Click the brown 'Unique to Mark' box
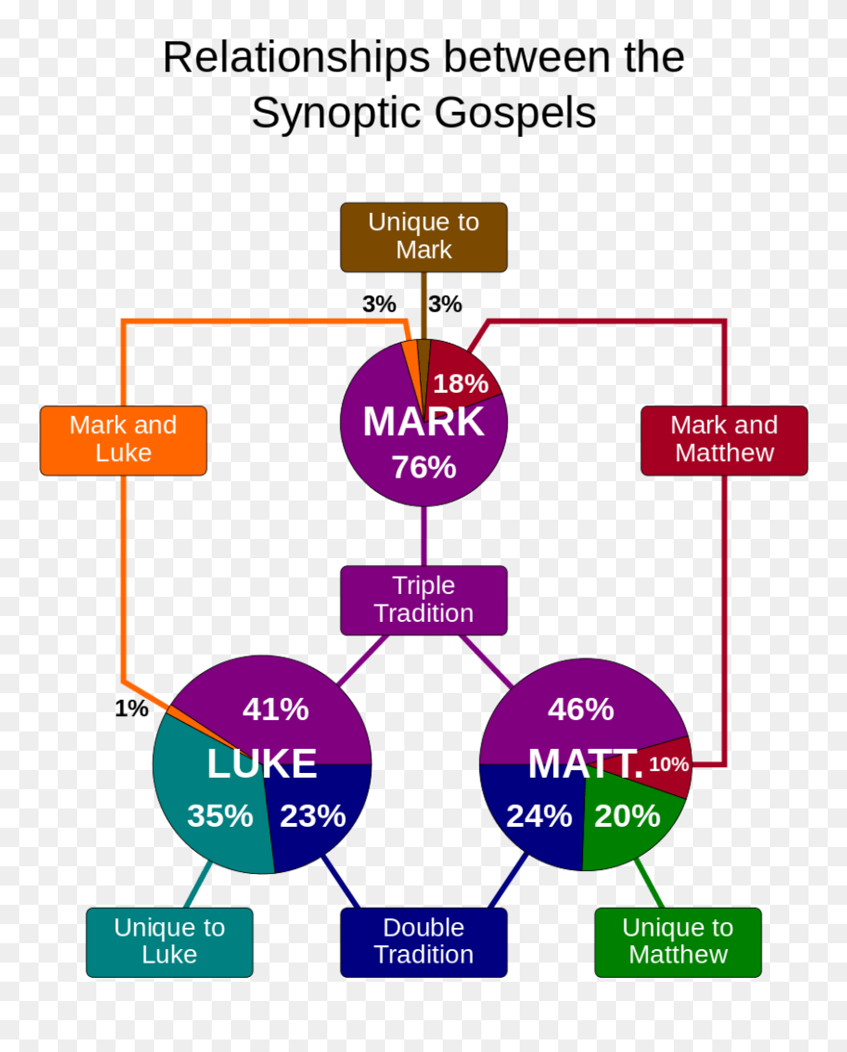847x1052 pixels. pyautogui.click(x=423, y=237)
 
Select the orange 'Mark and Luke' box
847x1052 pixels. pyautogui.click(x=123, y=440)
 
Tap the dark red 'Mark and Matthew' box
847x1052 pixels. pyautogui.click(x=724, y=440)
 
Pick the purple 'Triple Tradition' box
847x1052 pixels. pyautogui.click(x=423, y=600)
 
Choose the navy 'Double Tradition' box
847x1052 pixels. pyautogui.click(x=423, y=942)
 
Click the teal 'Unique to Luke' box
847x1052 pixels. pyautogui.click(x=169, y=942)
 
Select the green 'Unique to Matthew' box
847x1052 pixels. pyautogui.click(x=678, y=942)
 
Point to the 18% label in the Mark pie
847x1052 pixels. pyautogui.click(x=460, y=384)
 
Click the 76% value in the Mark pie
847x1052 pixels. pyautogui.click(x=423, y=468)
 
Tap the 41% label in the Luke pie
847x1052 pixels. pyautogui.click(x=275, y=709)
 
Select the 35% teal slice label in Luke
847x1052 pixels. pyautogui.click(x=219, y=816)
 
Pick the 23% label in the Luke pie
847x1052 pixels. pyautogui.click(x=313, y=816)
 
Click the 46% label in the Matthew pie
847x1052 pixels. pyautogui.click(x=580, y=709)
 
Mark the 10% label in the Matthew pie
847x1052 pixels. pyautogui.click(x=669, y=765)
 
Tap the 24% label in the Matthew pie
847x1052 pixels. pyautogui.click(x=539, y=816)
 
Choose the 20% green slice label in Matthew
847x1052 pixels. pyautogui.click(x=628, y=816)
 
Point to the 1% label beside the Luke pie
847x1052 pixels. pyautogui.click(x=132, y=709)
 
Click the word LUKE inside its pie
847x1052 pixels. pyautogui.click(x=262, y=764)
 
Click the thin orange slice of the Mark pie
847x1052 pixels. pyautogui.click(x=412, y=366)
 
